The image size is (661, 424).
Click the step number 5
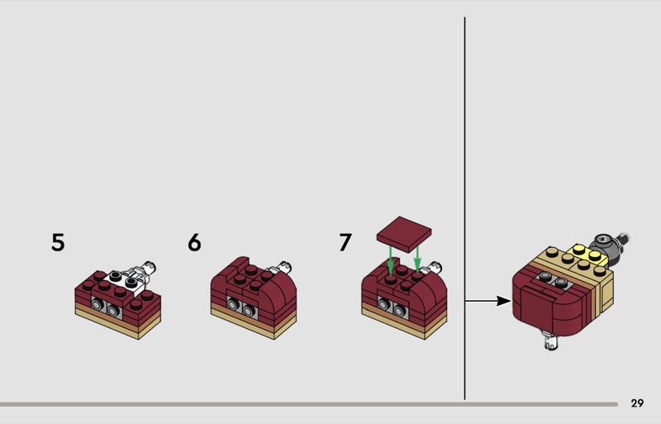point(58,242)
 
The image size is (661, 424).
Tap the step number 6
point(194,242)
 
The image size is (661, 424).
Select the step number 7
point(345,242)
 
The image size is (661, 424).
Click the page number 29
point(637,403)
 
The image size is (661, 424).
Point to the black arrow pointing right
point(488,301)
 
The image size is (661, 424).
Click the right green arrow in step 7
point(417,259)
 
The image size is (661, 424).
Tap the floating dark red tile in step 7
point(404,234)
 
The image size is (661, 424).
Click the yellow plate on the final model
point(588,255)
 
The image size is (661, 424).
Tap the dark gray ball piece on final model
point(603,245)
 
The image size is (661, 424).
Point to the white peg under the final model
point(550,340)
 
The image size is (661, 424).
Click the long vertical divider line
point(464,208)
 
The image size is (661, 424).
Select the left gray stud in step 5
point(98,304)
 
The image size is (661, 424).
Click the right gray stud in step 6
point(250,312)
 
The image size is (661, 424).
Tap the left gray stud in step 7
point(384,303)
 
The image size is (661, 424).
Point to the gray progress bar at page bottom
point(309,404)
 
